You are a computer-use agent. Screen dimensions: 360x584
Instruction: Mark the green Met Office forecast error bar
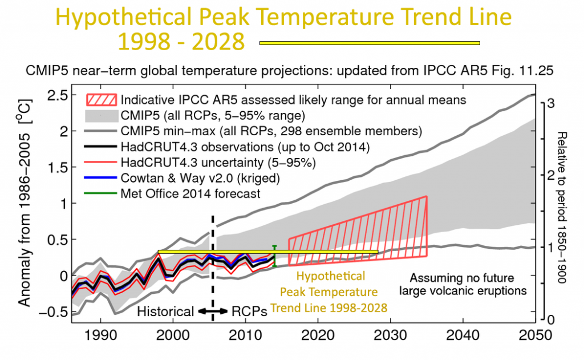click(x=275, y=256)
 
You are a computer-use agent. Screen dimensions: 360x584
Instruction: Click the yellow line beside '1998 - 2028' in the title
click(x=370, y=43)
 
